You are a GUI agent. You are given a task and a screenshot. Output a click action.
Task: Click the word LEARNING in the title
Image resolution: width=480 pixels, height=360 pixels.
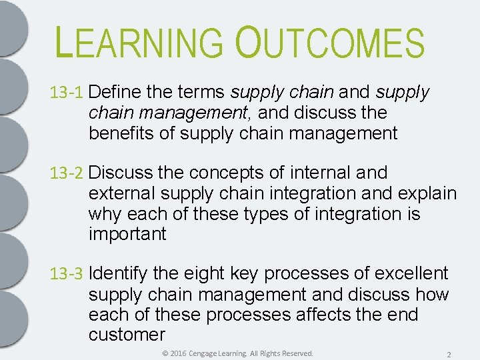[x=140, y=42]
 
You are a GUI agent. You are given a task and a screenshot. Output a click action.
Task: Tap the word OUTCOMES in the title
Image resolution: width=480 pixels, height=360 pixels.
[x=329, y=42]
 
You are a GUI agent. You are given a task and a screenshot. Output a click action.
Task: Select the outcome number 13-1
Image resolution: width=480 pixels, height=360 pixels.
[x=67, y=93]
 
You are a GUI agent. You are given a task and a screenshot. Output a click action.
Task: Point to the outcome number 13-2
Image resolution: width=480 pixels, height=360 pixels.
[x=67, y=173]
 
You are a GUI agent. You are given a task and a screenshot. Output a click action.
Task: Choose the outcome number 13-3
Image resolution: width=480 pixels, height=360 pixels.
[x=67, y=274]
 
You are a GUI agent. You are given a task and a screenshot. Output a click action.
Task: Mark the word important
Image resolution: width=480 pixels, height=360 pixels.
[x=127, y=235]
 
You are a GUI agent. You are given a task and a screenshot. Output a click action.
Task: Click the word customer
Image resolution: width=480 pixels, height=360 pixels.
[x=127, y=335]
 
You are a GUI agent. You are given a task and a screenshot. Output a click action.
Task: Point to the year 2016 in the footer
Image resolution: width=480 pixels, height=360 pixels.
[x=179, y=353]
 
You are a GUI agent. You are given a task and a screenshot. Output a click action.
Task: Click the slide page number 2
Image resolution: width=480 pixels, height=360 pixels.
[x=449, y=353]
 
